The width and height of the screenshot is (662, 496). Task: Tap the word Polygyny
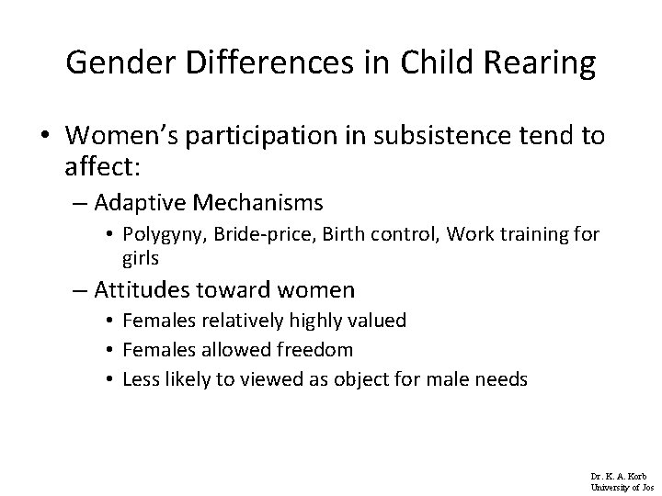[171, 235]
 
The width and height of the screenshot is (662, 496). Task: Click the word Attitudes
[145, 290]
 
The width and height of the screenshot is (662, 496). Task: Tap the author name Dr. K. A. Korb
[619, 477]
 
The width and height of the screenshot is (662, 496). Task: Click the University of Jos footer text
[619, 487]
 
